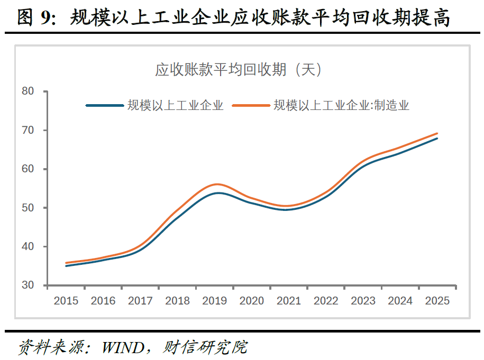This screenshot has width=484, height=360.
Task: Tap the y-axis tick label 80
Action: (28, 91)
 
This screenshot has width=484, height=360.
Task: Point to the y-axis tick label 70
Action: (28, 130)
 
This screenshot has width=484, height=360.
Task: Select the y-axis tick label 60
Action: (28, 169)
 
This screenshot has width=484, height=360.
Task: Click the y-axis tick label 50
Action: (28, 208)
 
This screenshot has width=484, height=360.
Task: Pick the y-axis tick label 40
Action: (28, 246)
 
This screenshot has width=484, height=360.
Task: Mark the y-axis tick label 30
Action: (28, 285)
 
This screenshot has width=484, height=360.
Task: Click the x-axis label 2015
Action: (66, 301)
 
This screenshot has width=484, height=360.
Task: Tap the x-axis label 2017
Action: (140, 301)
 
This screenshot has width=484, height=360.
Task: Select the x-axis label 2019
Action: (214, 301)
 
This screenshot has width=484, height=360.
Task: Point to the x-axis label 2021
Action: (289, 301)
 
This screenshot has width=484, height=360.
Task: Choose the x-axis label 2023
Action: (363, 301)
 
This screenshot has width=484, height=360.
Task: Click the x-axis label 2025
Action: (437, 301)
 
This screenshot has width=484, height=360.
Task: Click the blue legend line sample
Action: (105, 105)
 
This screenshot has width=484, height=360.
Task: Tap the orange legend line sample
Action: (251, 105)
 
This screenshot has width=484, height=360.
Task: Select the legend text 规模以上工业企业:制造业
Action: (341, 105)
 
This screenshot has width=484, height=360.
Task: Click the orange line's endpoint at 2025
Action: (437, 133)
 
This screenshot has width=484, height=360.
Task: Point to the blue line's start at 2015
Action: (66, 266)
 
